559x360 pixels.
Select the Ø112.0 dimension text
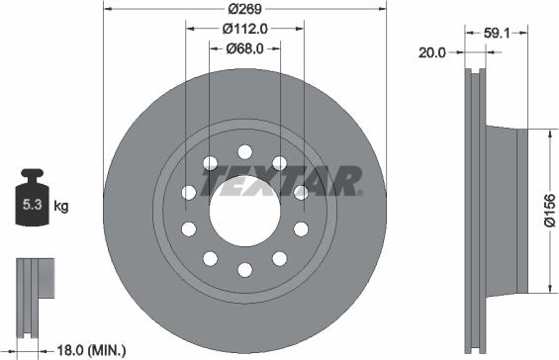pyautogui.click(x=244, y=29)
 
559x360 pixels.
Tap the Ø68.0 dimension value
pyautogui.click(x=244, y=47)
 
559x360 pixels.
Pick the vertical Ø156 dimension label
pyautogui.click(x=550, y=209)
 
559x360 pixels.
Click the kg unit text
pyautogui.click(x=60, y=207)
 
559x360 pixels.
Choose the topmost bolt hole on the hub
pyautogui.click(x=244, y=150)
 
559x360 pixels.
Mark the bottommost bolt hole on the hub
pyautogui.click(x=244, y=268)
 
